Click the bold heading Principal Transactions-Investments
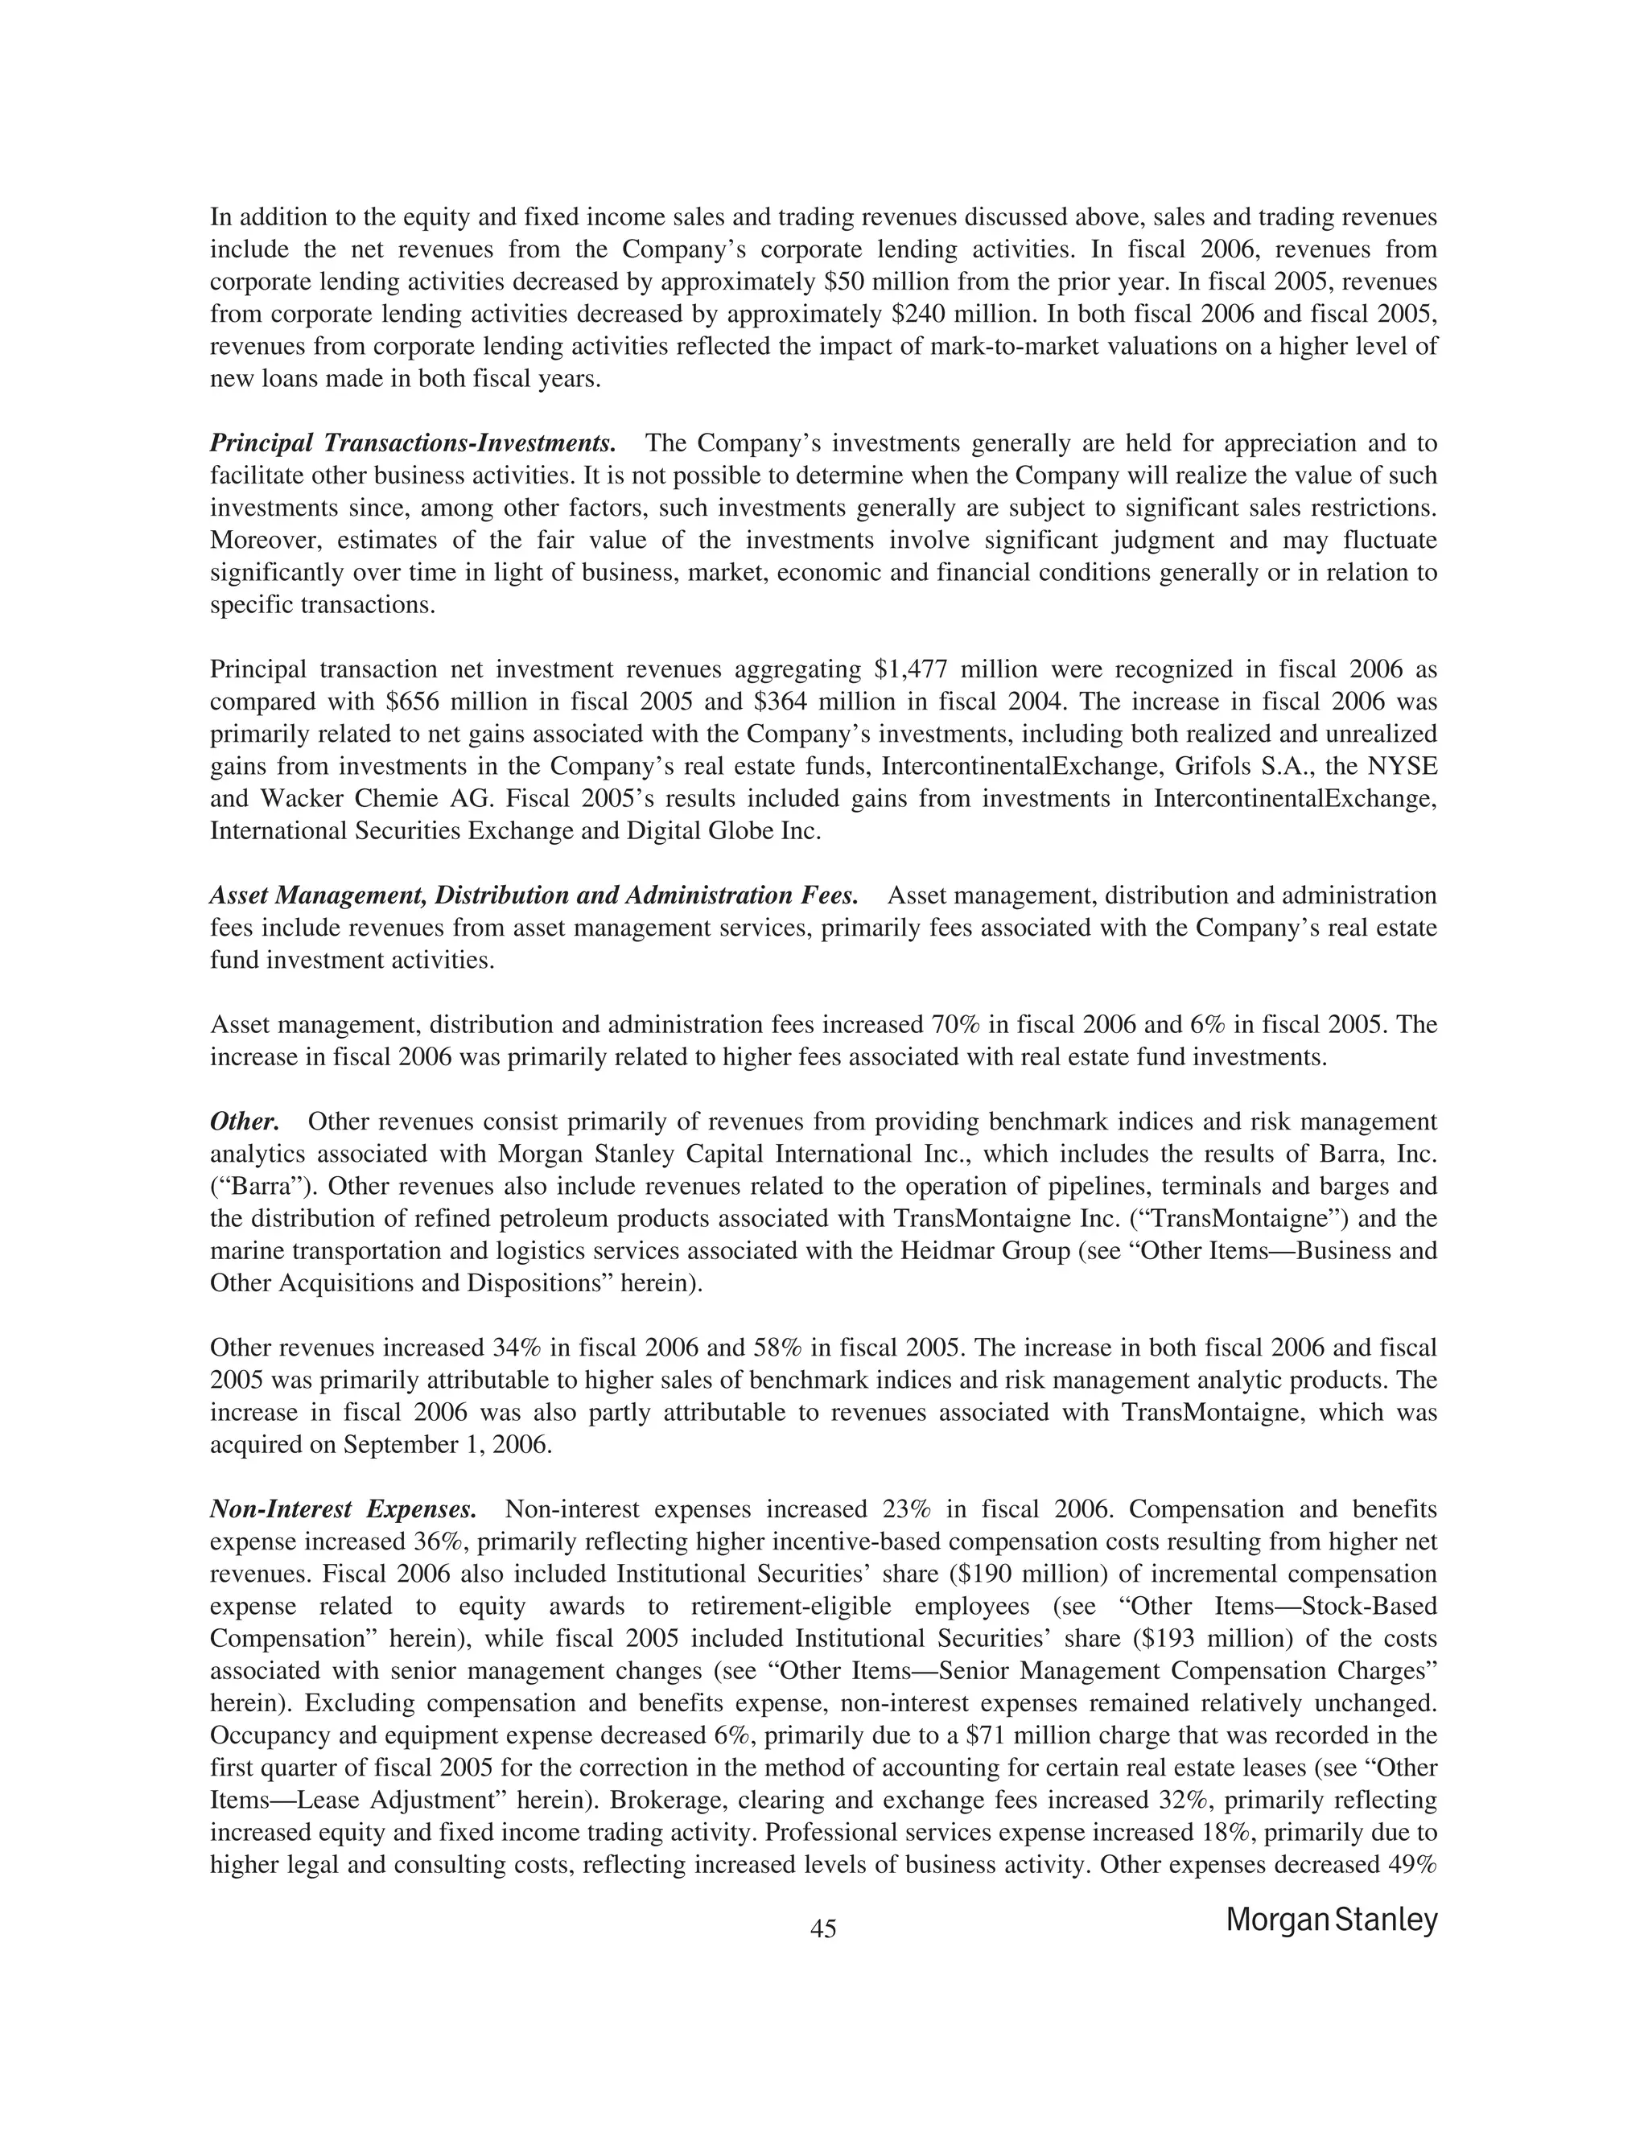[x=413, y=443]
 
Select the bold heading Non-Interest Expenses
[x=344, y=1509]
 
